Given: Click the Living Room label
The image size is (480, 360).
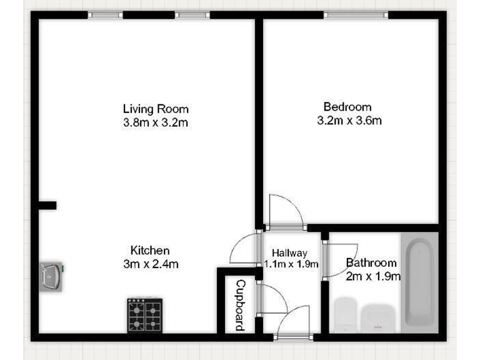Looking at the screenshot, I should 156,109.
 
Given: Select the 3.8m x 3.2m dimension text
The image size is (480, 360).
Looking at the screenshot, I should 156,122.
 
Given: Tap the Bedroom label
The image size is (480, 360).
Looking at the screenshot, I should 347,107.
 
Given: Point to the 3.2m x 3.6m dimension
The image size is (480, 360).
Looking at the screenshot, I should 349,121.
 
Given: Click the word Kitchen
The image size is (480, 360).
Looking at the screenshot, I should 149,250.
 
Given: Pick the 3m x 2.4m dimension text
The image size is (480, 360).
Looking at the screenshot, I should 151,264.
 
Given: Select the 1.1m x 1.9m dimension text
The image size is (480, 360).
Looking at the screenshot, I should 291,264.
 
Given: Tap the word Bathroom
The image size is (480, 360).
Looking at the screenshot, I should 371,263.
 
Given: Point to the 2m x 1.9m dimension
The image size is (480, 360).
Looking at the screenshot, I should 373,276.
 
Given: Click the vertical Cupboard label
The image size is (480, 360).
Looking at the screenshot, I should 239,305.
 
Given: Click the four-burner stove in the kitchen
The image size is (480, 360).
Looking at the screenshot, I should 146,314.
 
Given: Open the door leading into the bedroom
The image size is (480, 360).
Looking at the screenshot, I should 284,212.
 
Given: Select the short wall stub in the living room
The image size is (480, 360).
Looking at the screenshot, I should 47,205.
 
